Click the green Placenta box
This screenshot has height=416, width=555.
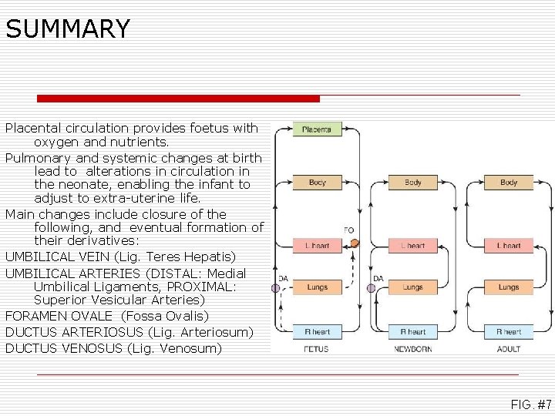coord(317,129)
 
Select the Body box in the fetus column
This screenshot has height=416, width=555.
coord(317,183)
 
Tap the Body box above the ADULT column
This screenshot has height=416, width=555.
coord(508,183)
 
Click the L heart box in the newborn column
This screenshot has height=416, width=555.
coord(412,246)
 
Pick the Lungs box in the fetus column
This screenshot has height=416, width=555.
coord(317,287)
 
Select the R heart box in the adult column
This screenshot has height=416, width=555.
coord(508,332)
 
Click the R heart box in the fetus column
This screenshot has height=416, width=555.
coord(317,332)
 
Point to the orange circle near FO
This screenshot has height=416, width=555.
coord(355,243)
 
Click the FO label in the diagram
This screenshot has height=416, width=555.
coord(348,230)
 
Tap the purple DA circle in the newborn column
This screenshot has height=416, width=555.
coord(372,288)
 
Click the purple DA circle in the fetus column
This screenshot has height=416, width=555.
coord(276,288)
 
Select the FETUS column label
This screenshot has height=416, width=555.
coord(316,349)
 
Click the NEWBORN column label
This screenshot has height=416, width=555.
coord(412,349)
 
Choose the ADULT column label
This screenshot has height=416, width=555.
coord(508,349)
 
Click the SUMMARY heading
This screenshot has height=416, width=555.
coord(68,29)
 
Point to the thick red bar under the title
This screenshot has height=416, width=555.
coord(178,99)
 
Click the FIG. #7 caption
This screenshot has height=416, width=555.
coord(530,404)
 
